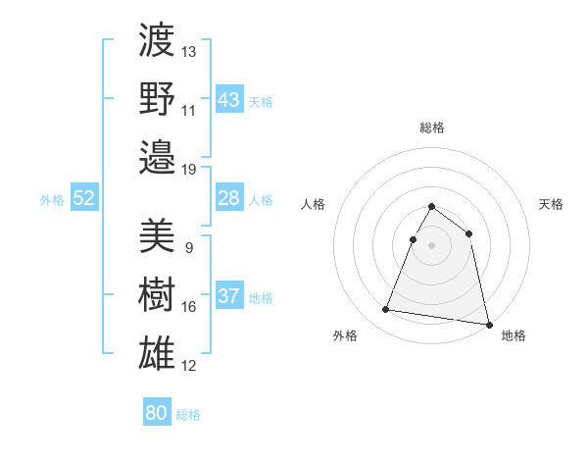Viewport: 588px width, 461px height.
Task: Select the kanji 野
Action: [x=157, y=98]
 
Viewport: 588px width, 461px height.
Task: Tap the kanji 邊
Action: [x=157, y=157]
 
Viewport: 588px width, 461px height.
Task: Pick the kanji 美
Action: [x=157, y=235]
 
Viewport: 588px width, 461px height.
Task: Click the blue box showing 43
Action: [x=228, y=100]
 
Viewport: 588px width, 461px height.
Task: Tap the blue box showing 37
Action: [x=228, y=297]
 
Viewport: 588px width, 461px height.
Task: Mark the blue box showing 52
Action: [x=84, y=199]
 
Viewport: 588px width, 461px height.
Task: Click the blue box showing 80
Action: [x=156, y=413]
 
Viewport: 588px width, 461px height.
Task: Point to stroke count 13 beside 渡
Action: [x=189, y=51]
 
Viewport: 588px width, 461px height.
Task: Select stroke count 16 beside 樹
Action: [x=189, y=307]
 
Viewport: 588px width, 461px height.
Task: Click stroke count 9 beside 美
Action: [x=188, y=247]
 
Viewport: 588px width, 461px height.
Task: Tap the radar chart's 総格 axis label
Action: [x=432, y=128]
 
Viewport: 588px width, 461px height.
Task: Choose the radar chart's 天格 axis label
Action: [x=551, y=204]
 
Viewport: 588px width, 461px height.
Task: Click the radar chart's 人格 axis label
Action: [x=314, y=204]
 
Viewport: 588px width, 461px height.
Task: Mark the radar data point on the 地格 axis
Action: [x=489, y=325]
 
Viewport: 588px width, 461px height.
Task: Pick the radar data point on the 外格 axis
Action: [x=386, y=310]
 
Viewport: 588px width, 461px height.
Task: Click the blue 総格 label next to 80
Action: [x=188, y=415]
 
